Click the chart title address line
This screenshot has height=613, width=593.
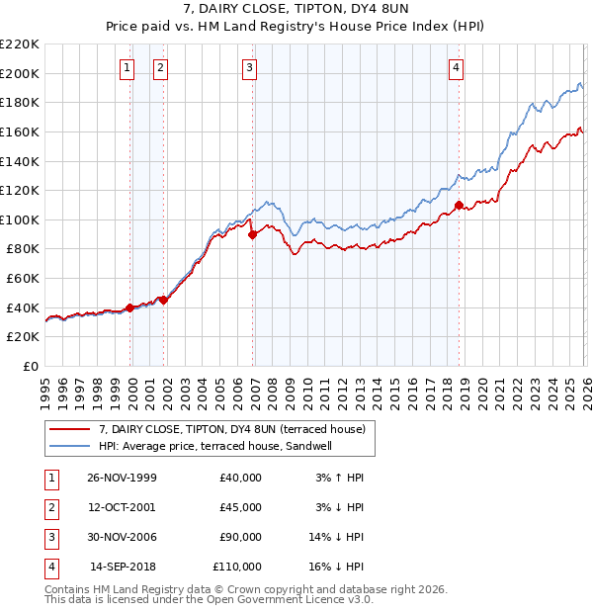pyautogui.click(x=296, y=9)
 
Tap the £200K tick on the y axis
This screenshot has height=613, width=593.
pyautogui.click(x=20, y=73)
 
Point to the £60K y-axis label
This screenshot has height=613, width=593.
pyautogui.click(x=23, y=279)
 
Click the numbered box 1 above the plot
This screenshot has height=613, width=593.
pyautogui.click(x=127, y=68)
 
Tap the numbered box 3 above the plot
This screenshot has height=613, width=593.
pyautogui.click(x=250, y=68)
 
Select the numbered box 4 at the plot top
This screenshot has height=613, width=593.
pyautogui.click(x=456, y=68)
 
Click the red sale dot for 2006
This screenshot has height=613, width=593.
pyautogui.click(x=253, y=234)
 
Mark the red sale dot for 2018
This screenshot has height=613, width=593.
pyautogui.click(x=459, y=206)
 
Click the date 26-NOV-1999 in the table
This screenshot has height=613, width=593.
pyautogui.click(x=123, y=478)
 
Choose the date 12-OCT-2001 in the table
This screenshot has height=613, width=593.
pyautogui.click(x=123, y=507)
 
